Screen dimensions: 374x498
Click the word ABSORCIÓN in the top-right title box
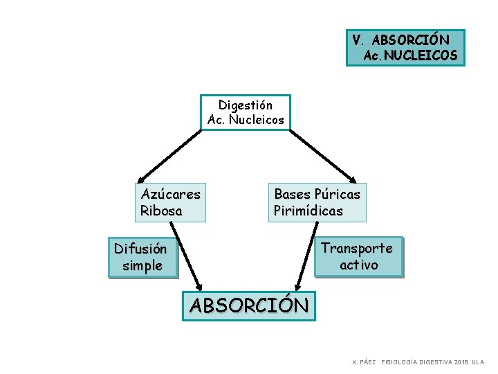(410, 40)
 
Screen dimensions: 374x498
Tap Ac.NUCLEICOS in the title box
(411, 55)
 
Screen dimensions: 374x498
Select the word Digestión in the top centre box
(246, 105)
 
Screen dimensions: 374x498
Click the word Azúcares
(170, 194)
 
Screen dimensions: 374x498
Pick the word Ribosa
(161, 211)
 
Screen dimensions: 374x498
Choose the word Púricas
(337, 194)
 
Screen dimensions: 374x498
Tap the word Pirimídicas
(308, 211)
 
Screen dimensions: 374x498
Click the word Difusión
(140, 249)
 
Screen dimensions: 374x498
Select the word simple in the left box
(142, 265)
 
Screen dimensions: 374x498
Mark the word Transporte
(357, 248)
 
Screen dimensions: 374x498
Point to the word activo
(359, 265)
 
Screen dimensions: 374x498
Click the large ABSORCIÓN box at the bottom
(249, 305)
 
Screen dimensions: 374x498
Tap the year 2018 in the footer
(461, 362)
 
